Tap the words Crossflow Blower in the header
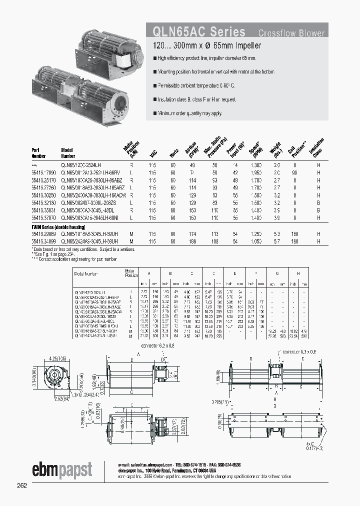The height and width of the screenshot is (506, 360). (x=291, y=33)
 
